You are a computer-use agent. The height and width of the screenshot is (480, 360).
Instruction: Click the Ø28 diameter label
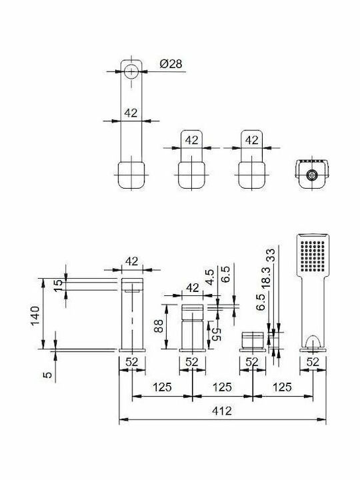(x=171, y=64)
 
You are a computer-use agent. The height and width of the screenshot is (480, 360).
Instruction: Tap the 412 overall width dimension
(x=221, y=411)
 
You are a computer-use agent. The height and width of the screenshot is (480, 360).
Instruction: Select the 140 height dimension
(x=35, y=315)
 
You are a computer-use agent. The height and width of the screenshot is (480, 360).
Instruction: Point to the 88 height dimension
(x=159, y=326)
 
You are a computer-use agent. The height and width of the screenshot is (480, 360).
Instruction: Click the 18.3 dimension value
(x=266, y=277)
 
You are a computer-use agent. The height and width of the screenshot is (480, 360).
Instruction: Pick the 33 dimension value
(x=271, y=255)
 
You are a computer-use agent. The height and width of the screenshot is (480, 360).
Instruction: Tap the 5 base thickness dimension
(x=47, y=375)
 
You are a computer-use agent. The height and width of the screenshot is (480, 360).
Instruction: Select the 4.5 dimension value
(x=210, y=277)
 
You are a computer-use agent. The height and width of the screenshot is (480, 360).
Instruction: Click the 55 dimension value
(x=216, y=334)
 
